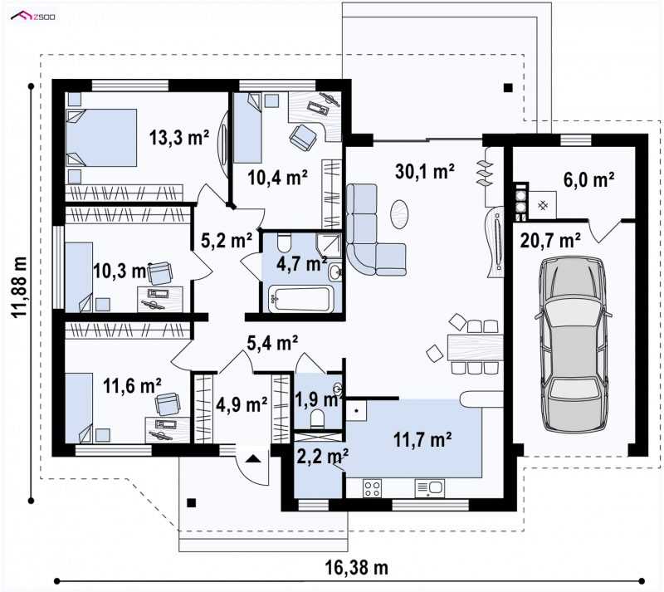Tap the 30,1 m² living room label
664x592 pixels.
425,172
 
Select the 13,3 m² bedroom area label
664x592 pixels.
179,138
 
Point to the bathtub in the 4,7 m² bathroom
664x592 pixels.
301,299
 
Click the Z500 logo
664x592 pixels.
33,17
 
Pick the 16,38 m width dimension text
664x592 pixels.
357,567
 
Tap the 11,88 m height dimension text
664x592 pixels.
19,287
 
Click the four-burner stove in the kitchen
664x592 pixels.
372,488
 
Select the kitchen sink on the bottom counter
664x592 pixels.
430,488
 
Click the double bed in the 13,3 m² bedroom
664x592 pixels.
101,138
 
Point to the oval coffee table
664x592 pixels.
399,213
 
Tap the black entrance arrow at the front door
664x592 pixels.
253,458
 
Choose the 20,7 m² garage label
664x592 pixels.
549,241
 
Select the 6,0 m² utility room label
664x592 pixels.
588,179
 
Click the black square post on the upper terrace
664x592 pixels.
508,88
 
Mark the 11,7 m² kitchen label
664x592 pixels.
422,439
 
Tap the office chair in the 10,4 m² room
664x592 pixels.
303,137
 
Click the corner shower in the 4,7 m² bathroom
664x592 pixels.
330,245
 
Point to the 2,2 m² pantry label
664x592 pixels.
323,457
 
